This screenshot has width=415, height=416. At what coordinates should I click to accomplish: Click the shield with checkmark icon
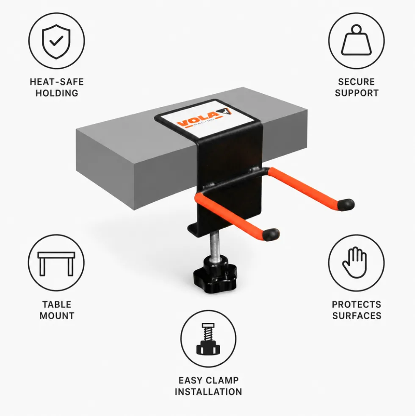pos(56,41)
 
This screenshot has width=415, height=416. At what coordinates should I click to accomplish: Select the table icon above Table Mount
pos(56,264)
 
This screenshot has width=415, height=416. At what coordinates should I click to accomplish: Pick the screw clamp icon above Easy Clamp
pos(208,339)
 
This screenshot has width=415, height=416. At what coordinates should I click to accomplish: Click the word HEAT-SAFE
pos(57,82)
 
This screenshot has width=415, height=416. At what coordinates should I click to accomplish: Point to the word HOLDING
pos(57,93)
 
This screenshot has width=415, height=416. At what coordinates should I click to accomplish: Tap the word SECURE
pos(357,82)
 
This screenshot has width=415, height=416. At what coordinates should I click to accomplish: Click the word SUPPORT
pos(357,93)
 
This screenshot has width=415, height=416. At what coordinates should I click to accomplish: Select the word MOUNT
pos(57,316)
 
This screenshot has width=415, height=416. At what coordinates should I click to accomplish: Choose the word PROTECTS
pos(357,304)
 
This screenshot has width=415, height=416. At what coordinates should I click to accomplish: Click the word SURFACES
pos(357,316)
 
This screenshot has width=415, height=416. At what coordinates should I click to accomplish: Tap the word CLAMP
pos(222,380)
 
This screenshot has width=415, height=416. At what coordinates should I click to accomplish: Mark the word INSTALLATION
pos(208,391)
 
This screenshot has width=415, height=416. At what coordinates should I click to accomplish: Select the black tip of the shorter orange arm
pos(271,234)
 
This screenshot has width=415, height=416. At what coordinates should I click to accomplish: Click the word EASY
pos(190,380)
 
